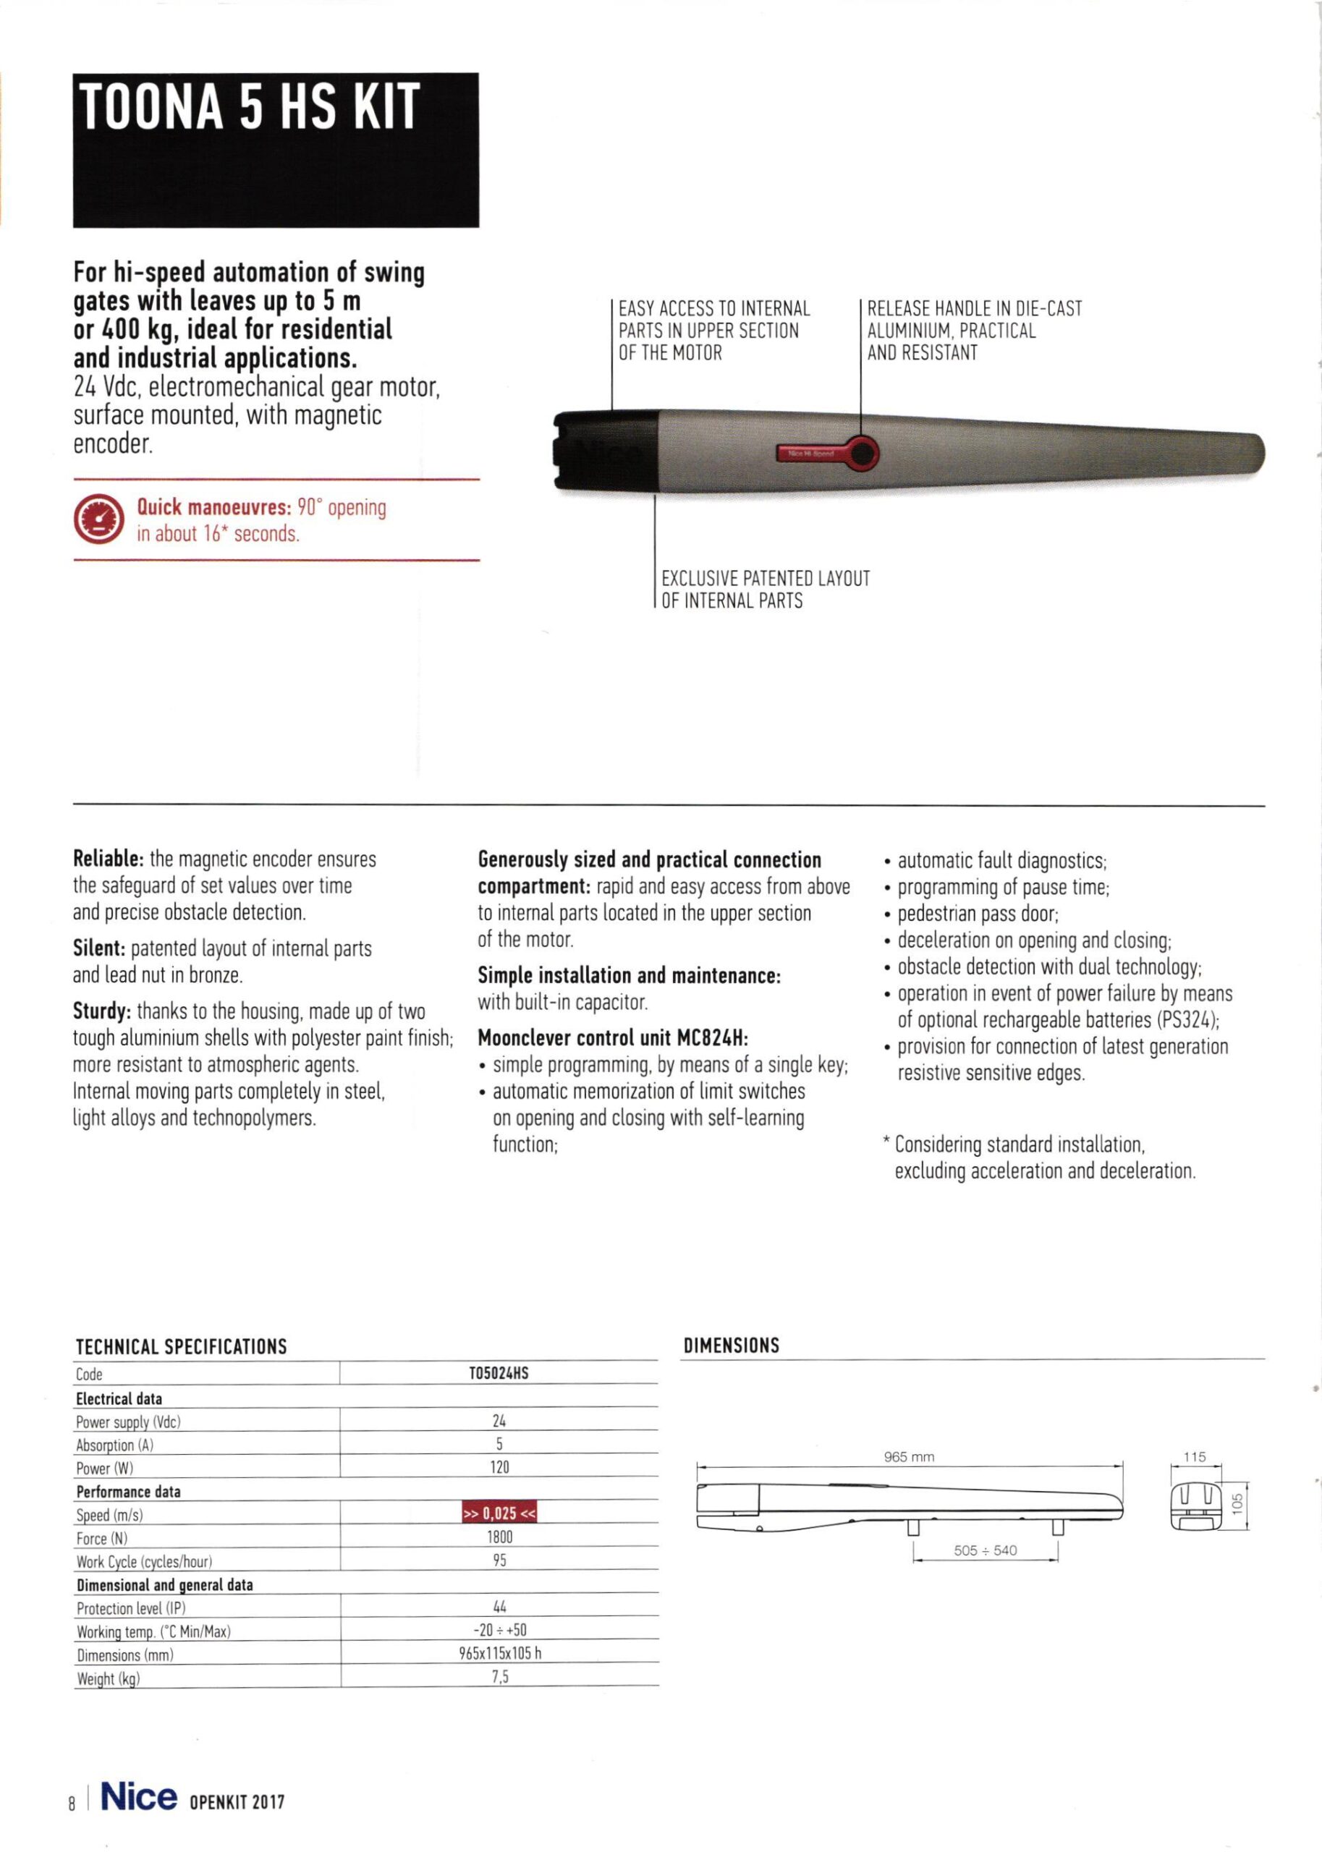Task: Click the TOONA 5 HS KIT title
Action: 250,106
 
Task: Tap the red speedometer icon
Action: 98,520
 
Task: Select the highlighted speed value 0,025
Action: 500,1513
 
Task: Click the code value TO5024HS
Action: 499,1374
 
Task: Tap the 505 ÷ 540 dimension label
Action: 985,1550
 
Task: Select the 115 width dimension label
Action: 1194,1456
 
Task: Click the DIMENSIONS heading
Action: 731,1346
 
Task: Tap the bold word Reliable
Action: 109,859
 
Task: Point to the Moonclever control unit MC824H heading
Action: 612,1038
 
